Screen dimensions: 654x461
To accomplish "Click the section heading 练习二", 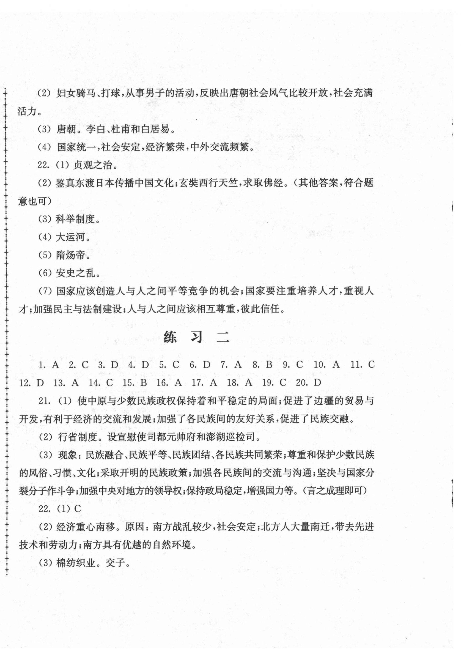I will pos(196,338).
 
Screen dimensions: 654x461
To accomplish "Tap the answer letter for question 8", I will pos(269,365).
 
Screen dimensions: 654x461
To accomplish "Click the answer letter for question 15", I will pos(144,383).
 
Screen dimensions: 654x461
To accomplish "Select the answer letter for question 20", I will pos(317,383).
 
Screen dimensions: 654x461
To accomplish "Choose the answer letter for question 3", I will pos(114,365).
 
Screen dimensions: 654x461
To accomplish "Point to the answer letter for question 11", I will pos(371,365).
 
